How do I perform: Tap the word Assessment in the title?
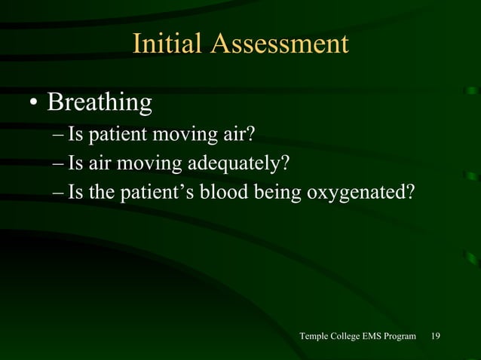(279, 44)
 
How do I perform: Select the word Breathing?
(100, 102)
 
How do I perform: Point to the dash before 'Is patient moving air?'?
(59, 136)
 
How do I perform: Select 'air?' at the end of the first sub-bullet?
(239, 136)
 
